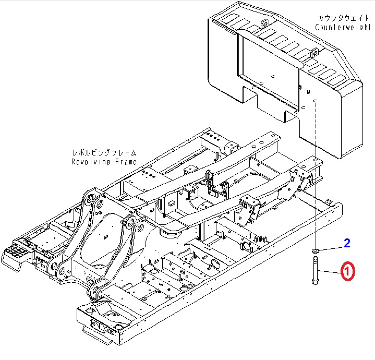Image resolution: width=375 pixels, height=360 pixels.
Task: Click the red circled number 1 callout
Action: pyautogui.click(x=348, y=271)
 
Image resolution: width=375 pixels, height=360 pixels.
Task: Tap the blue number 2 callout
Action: pyautogui.click(x=346, y=242)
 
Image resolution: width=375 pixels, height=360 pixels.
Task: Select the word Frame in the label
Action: pyautogui.click(x=125, y=162)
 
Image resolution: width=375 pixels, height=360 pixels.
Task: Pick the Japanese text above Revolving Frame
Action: pyautogui.click(x=104, y=153)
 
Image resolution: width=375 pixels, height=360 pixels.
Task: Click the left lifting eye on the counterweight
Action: pyautogui.click(x=264, y=23)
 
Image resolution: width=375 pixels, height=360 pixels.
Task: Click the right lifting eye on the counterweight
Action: pyautogui.click(x=314, y=53)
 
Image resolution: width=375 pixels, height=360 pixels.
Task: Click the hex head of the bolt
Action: pyautogui.click(x=315, y=282)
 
